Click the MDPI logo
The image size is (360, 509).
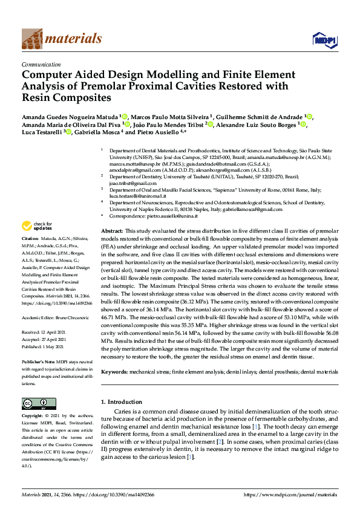tap(321, 39)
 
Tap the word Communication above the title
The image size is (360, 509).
tap(41, 63)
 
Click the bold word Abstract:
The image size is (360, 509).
tap(112, 232)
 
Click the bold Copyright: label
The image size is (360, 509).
tap(34, 417)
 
